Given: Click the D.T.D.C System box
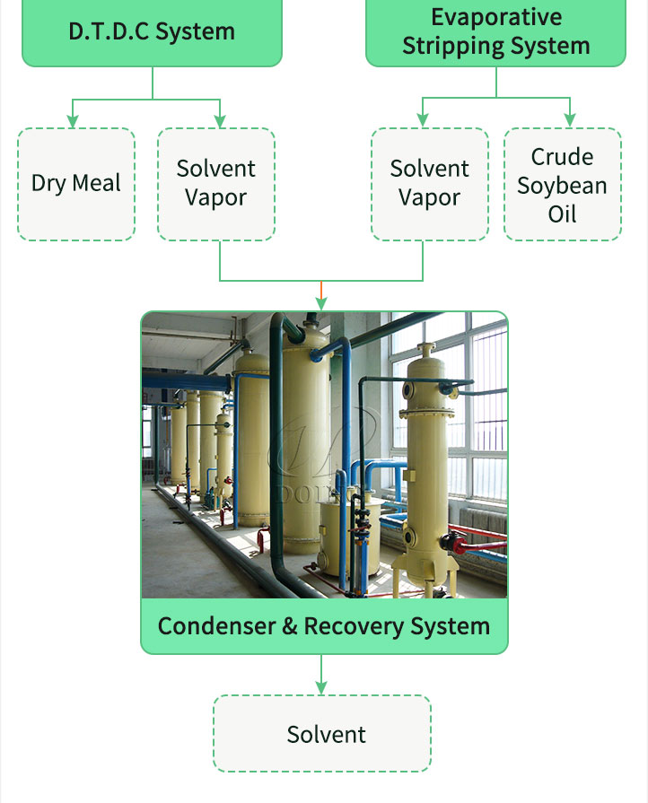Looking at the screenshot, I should click(152, 31).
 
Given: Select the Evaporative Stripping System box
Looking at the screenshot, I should click(495, 31).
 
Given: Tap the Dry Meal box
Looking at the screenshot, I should click(76, 184).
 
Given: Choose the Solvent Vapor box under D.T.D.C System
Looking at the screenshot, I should click(216, 184).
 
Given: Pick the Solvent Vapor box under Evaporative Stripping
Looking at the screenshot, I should click(430, 184).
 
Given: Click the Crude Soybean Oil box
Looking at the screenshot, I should click(563, 184).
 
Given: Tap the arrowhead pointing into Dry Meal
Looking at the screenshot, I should click(74, 121).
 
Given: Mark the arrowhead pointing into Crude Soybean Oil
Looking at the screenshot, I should click(570, 121).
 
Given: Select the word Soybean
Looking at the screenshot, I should click(562, 186).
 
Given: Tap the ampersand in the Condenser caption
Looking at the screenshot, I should click(289, 625).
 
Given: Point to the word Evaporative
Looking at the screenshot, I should click(496, 17).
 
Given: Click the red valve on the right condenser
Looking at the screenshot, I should click(460, 543).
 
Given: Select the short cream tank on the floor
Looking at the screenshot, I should click(337, 538).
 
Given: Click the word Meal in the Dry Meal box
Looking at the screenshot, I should click(97, 184).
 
